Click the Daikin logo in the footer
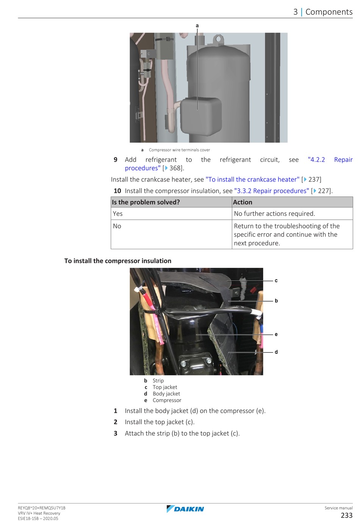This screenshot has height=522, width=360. (x=185, y=509)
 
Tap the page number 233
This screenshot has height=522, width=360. (x=346, y=515)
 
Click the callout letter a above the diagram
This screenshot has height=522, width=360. (x=197, y=26)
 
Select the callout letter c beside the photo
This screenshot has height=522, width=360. (x=276, y=281)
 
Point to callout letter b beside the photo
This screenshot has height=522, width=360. (x=276, y=301)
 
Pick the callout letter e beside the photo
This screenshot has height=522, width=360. (x=276, y=334)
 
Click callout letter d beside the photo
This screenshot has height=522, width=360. (x=276, y=352)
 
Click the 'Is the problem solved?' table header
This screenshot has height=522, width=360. (x=146, y=202)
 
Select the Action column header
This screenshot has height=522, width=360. (x=243, y=202)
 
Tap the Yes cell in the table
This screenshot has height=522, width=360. (x=118, y=214)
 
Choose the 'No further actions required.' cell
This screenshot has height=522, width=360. (x=274, y=214)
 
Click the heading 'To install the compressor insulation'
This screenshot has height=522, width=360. (x=118, y=261)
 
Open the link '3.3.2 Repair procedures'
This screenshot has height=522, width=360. (x=272, y=191)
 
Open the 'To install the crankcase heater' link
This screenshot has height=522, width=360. (x=252, y=180)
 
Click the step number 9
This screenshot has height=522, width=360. (x=116, y=159)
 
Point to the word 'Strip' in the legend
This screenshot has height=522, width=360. (x=158, y=381)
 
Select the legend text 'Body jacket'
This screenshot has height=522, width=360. (x=166, y=394)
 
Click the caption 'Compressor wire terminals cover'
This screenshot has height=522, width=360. (x=179, y=150)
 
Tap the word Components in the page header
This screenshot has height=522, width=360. (x=329, y=12)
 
